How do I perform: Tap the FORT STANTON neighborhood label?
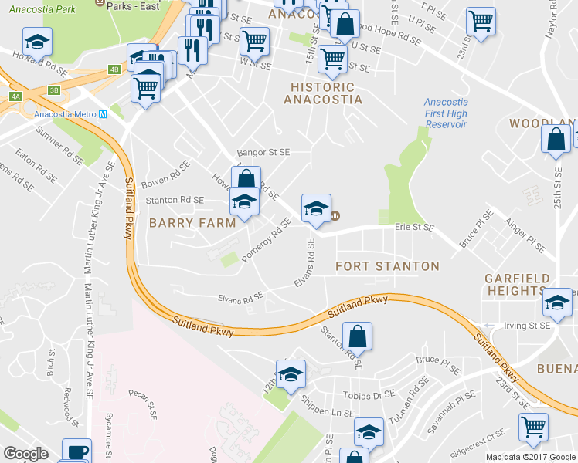[387, 266]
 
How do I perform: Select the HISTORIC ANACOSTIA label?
[323, 93]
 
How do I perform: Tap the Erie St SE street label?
[414, 228]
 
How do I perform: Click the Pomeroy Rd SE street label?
[265, 239]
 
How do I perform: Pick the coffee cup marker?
[76, 451]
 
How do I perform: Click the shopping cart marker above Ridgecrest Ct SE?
[533, 426]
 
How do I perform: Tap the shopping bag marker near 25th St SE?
[555, 140]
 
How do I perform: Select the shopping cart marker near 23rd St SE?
[481, 21]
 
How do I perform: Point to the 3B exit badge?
[53, 90]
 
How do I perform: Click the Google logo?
[26, 454]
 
